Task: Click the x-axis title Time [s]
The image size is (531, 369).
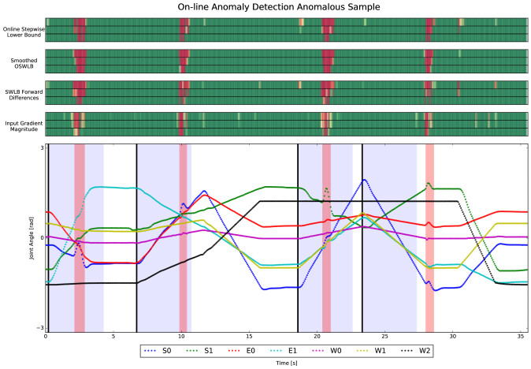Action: click(x=287, y=364)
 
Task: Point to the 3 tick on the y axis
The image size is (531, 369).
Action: click(x=41, y=147)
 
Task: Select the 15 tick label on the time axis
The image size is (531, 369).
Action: click(x=249, y=336)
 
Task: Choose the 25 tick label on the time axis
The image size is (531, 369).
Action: click(x=384, y=336)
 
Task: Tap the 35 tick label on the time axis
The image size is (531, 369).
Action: click(x=520, y=336)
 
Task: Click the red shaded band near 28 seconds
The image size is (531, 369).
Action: click(x=429, y=237)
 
